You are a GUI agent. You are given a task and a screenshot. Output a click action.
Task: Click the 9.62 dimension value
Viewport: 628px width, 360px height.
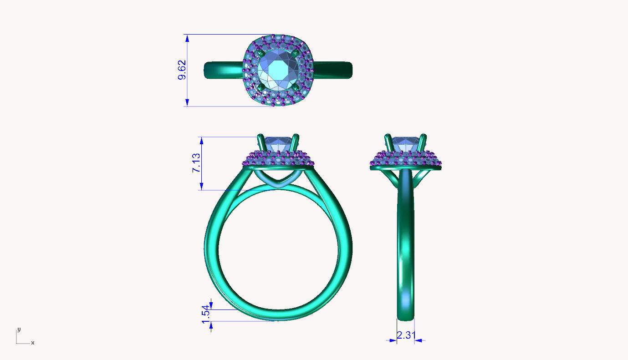182,70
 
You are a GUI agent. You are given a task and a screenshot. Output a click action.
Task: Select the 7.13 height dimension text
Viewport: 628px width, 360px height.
196,163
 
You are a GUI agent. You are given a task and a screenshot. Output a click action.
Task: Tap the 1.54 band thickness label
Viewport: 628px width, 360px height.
206,314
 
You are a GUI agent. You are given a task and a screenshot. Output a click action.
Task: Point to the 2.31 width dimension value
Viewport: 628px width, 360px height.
405,335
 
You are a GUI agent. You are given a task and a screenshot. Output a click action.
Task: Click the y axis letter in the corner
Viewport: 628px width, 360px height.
19,329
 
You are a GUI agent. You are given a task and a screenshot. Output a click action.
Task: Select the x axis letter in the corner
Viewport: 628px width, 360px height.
32,342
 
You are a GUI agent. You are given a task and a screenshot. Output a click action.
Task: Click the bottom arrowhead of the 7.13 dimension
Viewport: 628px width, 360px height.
201,187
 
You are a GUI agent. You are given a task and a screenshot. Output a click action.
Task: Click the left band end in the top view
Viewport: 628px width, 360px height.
206,70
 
